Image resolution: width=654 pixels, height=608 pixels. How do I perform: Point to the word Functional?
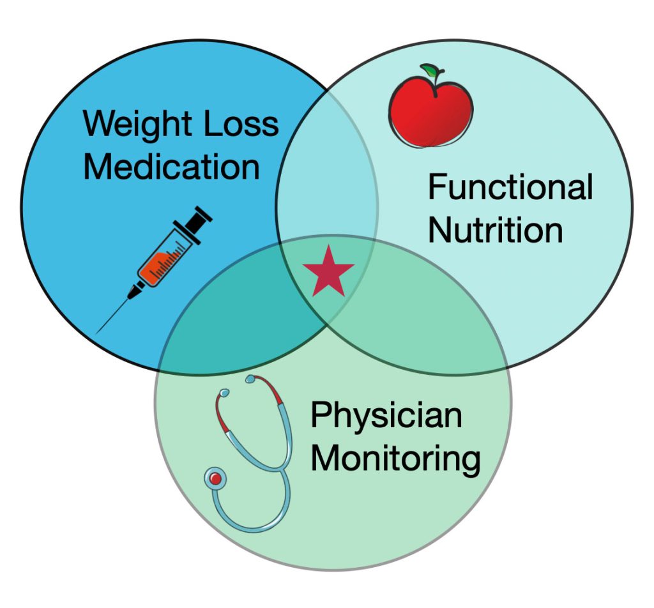click(510, 188)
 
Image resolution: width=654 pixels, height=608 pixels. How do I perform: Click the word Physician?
click(386, 415)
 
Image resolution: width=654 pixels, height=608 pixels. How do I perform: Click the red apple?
click(431, 112)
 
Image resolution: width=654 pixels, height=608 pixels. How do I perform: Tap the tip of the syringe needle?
click(98, 332)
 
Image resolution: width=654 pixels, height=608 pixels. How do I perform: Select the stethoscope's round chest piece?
click(215, 478)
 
